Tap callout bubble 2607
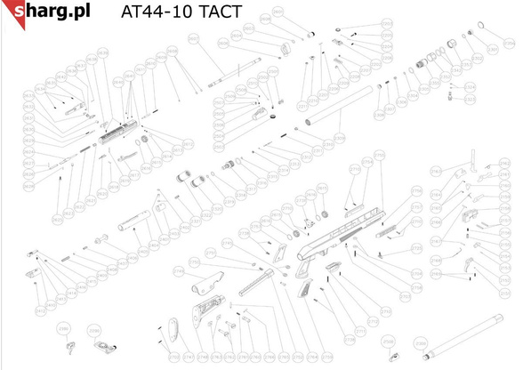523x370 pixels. pyautogui.click(x=193, y=38)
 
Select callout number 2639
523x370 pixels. pyautogui.click(x=102, y=52)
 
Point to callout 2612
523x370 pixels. pyautogui.click(x=189, y=145)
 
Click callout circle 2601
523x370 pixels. pyautogui.click(x=278, y=12)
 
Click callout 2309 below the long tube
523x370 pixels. pyautogui.click(x=338, y=136)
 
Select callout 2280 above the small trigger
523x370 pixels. pyautogui.click(x=64, y=328)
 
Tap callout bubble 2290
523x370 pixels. pyautogui.click(x=94, y=330)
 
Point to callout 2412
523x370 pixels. pyautogui.click(x=40, y=310)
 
